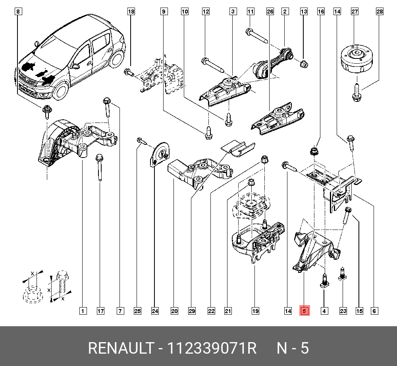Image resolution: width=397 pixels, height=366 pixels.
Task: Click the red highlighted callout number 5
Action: [x=304, y=311]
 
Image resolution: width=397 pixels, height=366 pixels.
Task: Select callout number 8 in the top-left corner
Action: [x=17, y=12]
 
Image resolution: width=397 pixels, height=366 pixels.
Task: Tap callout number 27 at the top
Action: [x=355, y=12]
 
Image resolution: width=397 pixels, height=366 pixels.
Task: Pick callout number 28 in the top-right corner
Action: [x=380, y=12]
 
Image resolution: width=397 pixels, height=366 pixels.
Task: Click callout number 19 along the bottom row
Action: [x=255, y=311]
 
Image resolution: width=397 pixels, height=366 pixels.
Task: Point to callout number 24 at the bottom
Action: [x=154, y=311]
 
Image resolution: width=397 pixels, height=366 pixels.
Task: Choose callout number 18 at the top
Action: [x=131, y=12]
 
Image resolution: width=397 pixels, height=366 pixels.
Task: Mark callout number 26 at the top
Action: [x=270, y=12]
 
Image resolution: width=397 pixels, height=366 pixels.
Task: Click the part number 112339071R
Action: [x=212, y=348]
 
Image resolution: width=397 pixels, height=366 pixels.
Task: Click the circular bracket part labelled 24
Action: [x=161, y=155]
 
